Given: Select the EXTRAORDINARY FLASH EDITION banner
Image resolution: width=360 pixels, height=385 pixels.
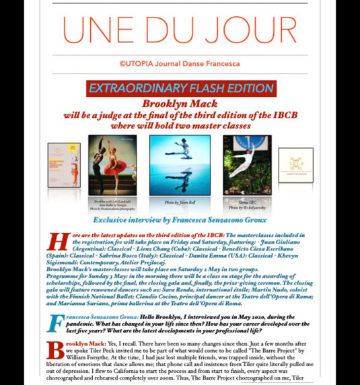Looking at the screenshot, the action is [180, 88].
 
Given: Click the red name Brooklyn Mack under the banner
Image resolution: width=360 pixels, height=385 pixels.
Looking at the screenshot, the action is [180, 105].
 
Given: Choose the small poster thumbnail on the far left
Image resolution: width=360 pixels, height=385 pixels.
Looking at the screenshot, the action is [63, 164].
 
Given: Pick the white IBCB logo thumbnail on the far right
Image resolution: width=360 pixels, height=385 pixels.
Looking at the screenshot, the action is [295, 165].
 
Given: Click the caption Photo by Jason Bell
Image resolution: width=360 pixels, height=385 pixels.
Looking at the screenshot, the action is [170, 202].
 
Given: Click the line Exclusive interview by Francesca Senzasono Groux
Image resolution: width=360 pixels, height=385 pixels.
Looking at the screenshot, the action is [180, 219].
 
